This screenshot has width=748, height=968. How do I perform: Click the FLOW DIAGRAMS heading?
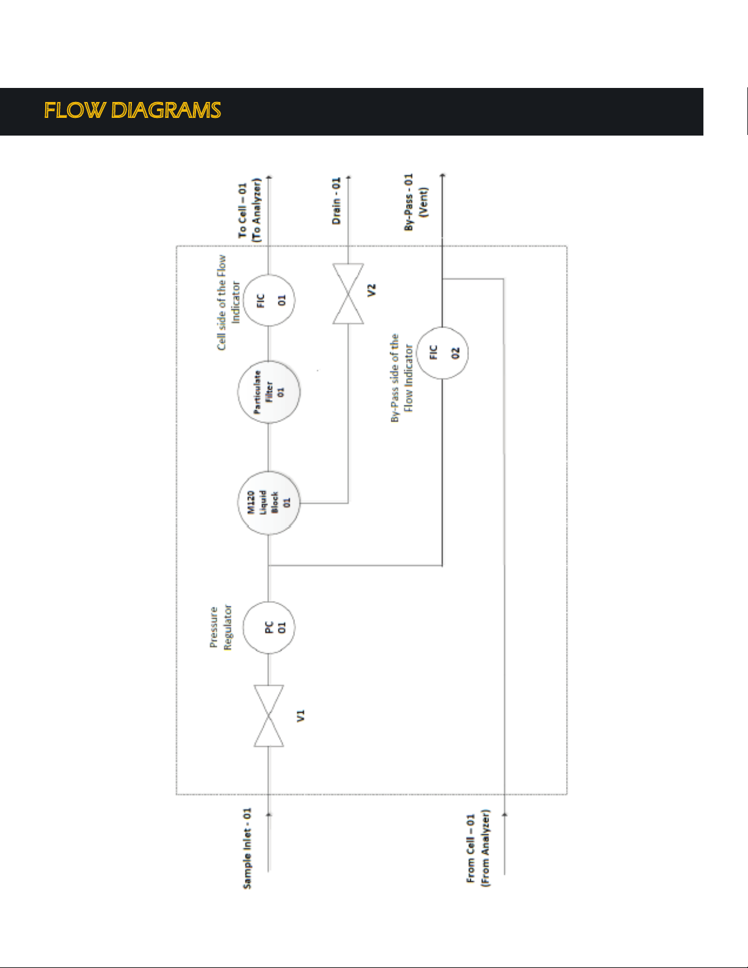coord(133,111)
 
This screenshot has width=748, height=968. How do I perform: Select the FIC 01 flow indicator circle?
coord(269,300)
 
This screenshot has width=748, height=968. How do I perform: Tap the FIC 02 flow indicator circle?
coord(442,353)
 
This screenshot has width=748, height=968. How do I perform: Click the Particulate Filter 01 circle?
coord(269,392)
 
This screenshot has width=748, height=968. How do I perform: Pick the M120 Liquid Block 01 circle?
coord(269,503)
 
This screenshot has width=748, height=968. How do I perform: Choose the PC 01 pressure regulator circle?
coord(269,628)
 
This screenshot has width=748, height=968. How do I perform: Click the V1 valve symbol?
coord(269,716)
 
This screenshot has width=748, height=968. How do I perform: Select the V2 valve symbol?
coord(348,294)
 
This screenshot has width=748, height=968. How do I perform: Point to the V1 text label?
coord(300,716)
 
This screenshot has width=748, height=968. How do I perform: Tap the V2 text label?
coord(371,290)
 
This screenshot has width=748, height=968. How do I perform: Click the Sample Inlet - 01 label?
coord(247,848)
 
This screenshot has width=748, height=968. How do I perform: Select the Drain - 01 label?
coord(336,201)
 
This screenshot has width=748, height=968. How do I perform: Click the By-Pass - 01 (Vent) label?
coord(416,202)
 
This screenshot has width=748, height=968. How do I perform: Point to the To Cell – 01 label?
coord(242,210)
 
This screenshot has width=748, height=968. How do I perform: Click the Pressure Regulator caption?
coord(221,627)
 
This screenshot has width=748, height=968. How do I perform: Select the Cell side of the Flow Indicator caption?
coord(228,302)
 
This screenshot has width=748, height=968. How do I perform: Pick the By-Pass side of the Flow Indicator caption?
coord(402,378)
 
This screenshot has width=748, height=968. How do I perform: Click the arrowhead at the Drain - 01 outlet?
coord(348,177)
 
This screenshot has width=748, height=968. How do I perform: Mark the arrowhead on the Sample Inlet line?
coord(269,814)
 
